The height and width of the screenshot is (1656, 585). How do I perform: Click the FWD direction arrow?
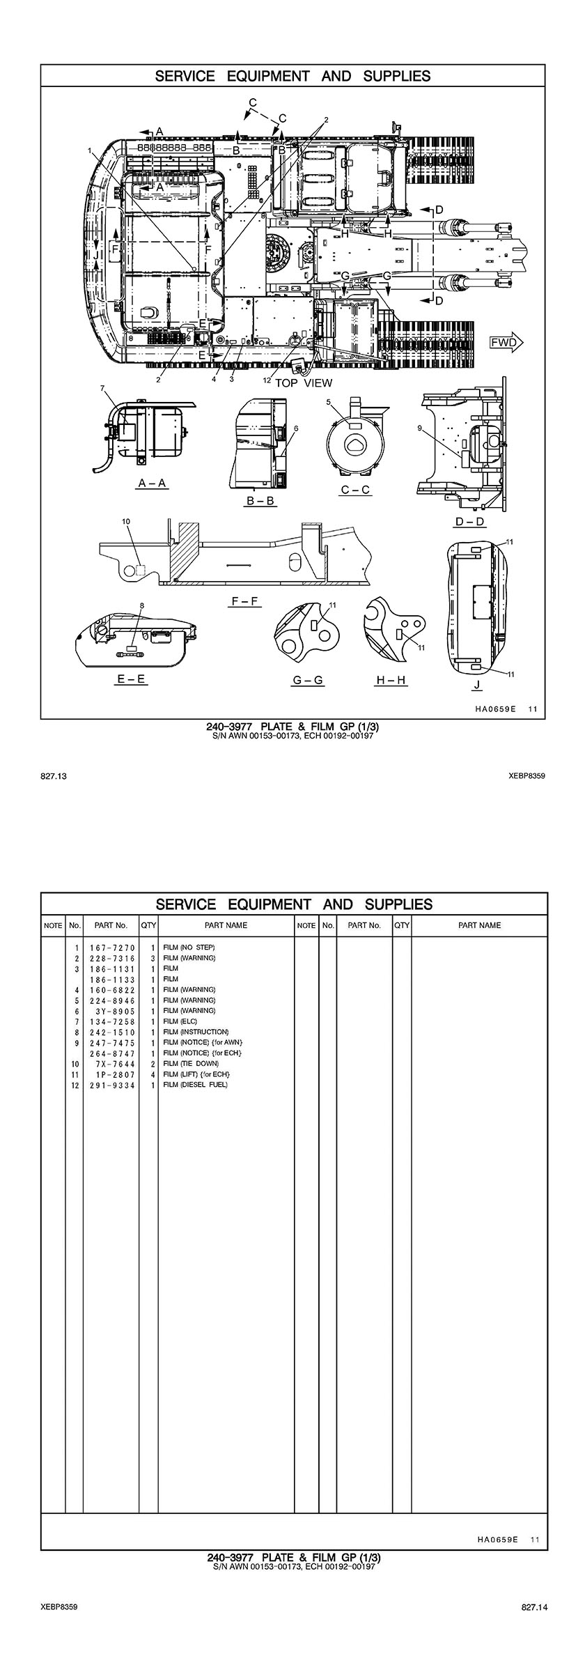click(x=506, y=342)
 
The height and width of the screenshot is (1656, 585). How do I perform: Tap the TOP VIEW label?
click(x=304, y=382)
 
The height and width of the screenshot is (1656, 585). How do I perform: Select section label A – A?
click(x=153, y=483)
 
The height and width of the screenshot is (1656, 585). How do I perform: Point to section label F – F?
click(x=245, y=601)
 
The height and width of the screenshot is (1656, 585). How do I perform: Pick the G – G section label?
click(x=308, y=680)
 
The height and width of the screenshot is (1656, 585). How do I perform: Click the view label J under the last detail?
click(x=476, y=686)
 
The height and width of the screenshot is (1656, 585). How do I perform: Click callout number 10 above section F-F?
click(x=125, y=521)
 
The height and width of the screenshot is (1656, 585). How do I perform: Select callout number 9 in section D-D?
click(x=419, y=428)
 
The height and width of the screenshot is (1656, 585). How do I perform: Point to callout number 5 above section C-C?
click(x=328, y=402)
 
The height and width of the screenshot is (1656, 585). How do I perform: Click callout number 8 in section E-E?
click(x=141, y=606)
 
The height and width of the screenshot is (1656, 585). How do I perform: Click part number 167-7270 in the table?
click(x=111, y=947)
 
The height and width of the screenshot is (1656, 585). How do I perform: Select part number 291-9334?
click(x=111, y=1085)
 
